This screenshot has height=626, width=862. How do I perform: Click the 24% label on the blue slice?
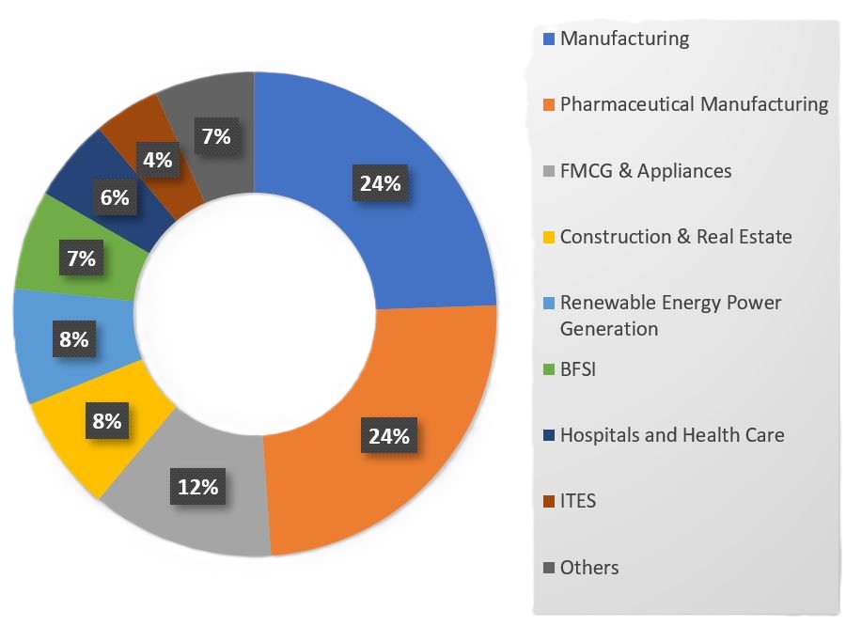[x=380, y=183]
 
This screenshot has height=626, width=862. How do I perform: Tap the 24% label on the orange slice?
[x=388, y=435]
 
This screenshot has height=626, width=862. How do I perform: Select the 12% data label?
[x=198, y=487]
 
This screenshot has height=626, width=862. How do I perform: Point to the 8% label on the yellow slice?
[x=106, y=420]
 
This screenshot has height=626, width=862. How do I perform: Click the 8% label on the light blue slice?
[x=73, y=338]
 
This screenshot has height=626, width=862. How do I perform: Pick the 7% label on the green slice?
[x=81, y=258]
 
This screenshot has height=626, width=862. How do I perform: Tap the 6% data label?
[x=115, y=197]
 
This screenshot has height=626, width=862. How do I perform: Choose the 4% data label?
[x=157, y=160]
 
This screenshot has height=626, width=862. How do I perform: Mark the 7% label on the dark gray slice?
[x=215, y=136]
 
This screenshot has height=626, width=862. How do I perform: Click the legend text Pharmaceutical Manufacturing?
[x=694, y=104]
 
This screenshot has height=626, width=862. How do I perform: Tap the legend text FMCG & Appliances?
[x=646, y=170]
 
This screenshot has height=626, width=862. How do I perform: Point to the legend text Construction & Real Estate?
[x=676, y=237]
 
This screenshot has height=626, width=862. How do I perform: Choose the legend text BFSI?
[x=578, y=369]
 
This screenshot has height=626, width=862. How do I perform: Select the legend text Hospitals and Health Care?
[x=672, y=435]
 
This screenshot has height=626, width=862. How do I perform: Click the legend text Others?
[x=589, y=568]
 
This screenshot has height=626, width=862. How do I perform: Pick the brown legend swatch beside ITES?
[x=550, y=502]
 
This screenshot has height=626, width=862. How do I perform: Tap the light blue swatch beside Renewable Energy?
[x=550, y=304]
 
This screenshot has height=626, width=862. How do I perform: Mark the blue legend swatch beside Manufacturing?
[x=550, y=39]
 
